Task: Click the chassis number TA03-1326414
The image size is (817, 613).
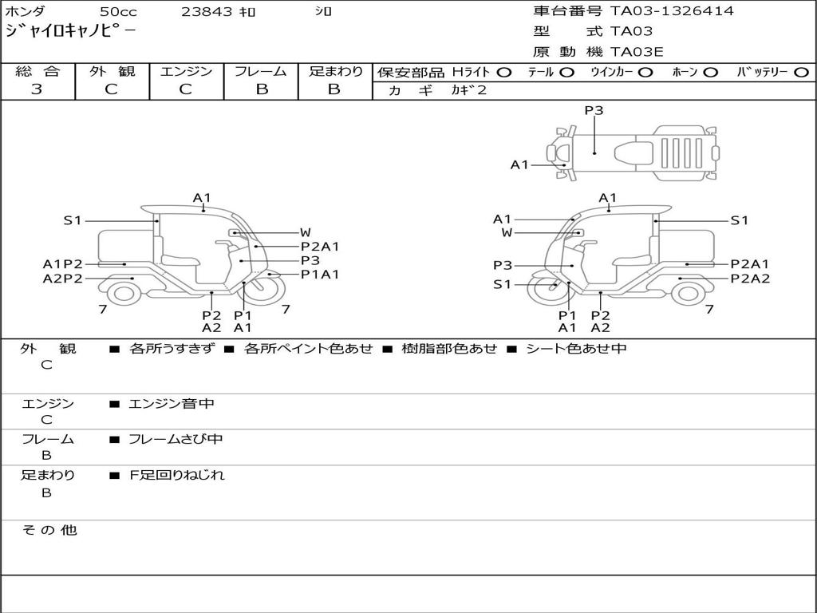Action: click(x=672, y=11)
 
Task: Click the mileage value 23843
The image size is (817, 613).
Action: click(x=207, y=12)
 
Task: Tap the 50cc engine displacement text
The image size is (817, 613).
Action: click(x=117, y=12)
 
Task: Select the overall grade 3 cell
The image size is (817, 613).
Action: click(x=37, y=89)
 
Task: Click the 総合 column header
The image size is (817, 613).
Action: click(x=37, y=72)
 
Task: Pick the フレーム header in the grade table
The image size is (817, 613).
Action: click(x=261, y=72)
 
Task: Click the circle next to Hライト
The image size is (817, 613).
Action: click(x=503, y=73)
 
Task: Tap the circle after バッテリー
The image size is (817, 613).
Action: click(x=802, y=73)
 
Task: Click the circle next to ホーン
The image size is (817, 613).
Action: click(x=711, y=73)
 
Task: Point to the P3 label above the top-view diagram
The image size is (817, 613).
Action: click(x=594, y=111)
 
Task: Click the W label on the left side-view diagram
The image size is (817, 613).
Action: click(x=305, y=232)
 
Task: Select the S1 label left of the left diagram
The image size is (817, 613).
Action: click(x=73, y=220)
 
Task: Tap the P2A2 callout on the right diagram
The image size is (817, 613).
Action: click(x=750, y=279)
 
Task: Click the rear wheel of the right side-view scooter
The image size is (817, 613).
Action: click(x=687, y=293)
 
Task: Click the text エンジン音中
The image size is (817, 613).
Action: click(x=172, y=404)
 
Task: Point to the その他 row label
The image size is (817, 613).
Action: click(x=49, y=530)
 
